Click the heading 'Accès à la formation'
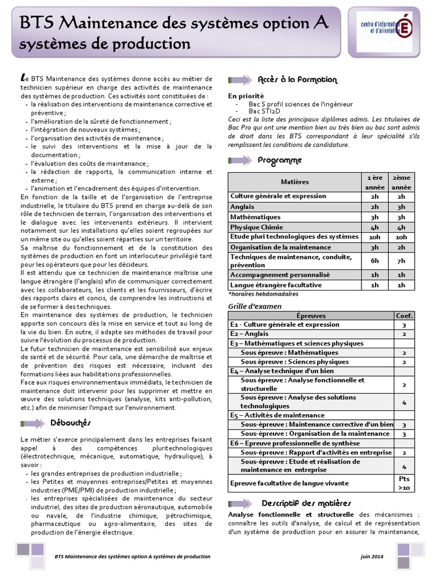click(x=297, y=80)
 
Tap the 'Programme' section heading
click(x=280, y=161)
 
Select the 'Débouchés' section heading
click(x=71, y=423)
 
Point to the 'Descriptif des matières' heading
click(x=306, y=503)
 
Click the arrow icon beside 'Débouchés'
click(x=32, y=423)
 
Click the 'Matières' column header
click(x=295, y=182)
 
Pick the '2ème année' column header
click(x=402, y=182)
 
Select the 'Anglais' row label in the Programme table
click(x=242, y=207)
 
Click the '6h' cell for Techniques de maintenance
click(x=374, y=260)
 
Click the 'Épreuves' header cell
click(x=311, y=315)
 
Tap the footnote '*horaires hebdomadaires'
click(x=263, y=294)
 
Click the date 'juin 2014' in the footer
click(x=372, y=556)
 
